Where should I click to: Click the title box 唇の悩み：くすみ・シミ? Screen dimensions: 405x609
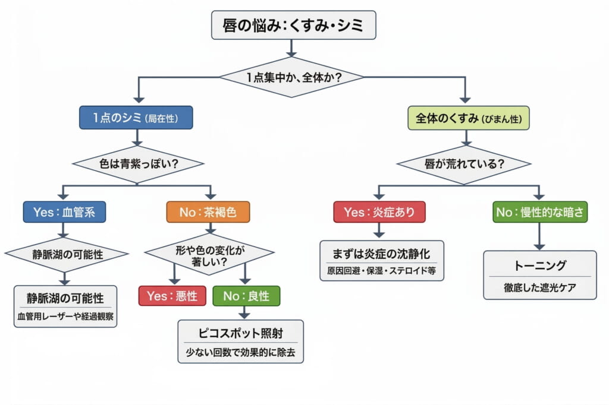point(293,26)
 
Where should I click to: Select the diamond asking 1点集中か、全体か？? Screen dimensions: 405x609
point(291,77)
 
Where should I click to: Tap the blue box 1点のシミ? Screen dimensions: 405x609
point(136,118)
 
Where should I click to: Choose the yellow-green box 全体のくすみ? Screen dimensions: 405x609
point(468,118)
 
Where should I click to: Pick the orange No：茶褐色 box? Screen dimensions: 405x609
point(207,211)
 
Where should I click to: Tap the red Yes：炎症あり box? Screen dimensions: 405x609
point(379,211)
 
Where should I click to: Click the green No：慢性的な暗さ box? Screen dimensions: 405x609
point(540,211)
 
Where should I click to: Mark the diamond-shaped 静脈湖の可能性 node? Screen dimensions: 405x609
point(67,254)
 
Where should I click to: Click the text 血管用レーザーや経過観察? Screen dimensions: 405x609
point(65,317)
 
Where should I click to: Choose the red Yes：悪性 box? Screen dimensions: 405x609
point(172,295)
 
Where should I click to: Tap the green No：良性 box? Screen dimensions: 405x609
point(246,295)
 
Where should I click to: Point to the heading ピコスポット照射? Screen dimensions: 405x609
point(240,333)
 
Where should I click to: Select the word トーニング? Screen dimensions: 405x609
point(539,265)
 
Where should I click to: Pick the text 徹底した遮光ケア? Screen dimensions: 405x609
point(539,289)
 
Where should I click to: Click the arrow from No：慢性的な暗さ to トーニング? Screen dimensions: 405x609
point(539,236)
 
